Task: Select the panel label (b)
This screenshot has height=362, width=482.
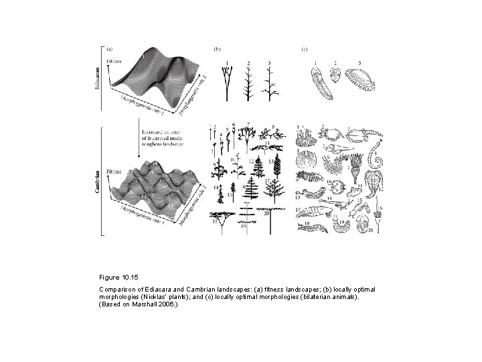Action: coord(216,49)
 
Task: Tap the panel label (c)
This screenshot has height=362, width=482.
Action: coord(304,49)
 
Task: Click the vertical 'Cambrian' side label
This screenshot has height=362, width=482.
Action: coord(99,182)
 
